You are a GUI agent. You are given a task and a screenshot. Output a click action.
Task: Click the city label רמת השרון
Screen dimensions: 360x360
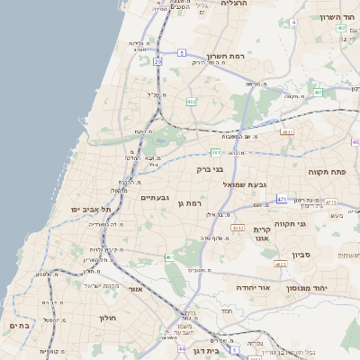click(226, 56)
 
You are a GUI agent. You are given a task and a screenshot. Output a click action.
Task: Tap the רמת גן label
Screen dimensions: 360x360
click(193, 204)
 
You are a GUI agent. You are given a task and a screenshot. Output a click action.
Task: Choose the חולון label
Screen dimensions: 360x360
click(105, 318)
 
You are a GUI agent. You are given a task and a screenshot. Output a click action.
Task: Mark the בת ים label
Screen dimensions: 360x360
click(20, 325)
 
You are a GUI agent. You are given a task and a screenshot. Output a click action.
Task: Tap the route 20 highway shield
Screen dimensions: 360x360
click(157, 61)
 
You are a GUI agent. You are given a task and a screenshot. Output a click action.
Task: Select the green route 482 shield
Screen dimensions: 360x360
click(191, 102)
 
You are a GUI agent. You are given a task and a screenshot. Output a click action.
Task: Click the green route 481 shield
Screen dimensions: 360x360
click(216, 152)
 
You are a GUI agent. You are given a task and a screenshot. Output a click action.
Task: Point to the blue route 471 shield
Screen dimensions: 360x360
click(282, 199)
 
